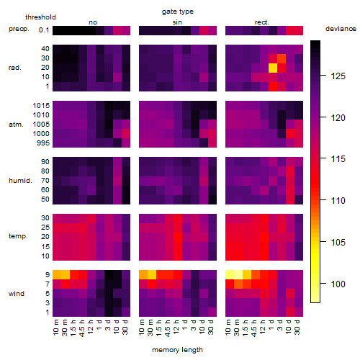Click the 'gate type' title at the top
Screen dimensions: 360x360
(178, 12)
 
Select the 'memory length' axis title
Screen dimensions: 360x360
(177, 350)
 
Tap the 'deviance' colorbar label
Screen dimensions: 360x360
(341, 29)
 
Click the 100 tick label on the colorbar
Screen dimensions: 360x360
(338, 284)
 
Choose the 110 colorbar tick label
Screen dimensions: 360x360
(338, 200)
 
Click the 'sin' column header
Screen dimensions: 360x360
(177, 22)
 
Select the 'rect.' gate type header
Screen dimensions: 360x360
(262, 22)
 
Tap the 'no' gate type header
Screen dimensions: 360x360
(93, 22)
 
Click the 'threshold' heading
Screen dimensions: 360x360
(40, 17)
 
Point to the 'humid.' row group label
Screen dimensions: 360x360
(20, 181)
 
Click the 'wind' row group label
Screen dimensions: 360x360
(17, 294)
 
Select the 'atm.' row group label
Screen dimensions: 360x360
(16, 125)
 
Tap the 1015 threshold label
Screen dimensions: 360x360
(41, 106)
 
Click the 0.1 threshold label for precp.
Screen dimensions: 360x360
(44, 30)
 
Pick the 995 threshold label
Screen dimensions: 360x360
(43, 143)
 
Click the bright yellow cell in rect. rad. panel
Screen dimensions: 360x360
(273, 68)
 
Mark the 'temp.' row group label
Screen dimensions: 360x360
(18, 236)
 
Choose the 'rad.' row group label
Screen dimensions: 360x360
(15, 68)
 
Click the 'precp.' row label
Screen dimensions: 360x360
(19, 30)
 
